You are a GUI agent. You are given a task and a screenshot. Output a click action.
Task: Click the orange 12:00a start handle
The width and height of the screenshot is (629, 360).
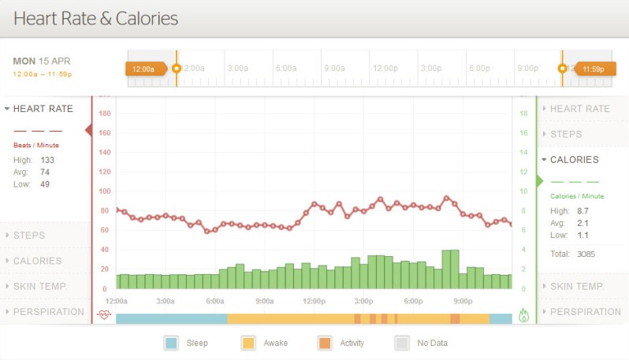145,69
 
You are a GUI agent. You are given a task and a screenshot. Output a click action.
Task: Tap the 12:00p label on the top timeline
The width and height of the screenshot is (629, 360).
385,69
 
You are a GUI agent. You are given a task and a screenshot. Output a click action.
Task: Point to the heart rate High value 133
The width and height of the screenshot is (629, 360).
47,160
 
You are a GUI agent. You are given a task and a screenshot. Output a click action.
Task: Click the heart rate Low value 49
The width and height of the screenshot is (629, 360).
45,184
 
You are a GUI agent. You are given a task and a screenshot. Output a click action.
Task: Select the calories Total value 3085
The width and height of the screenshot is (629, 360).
586,254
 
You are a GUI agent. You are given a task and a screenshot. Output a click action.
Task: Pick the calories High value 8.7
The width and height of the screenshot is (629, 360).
583,211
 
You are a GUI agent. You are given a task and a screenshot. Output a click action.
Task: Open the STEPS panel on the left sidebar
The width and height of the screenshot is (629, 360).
29,235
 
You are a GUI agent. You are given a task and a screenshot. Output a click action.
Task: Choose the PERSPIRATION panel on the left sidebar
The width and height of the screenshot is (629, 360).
49,312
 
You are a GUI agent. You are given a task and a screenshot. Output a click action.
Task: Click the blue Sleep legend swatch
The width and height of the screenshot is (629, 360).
171,343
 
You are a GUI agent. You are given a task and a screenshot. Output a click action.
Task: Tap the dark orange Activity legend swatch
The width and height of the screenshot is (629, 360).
325,343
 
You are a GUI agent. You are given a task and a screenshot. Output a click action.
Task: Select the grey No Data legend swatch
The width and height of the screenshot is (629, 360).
402,343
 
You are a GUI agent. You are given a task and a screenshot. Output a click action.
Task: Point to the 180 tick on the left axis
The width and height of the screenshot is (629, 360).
105,113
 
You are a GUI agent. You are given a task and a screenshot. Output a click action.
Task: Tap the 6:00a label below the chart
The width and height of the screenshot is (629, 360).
215,301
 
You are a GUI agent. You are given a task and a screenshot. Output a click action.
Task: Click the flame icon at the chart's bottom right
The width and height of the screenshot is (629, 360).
524,315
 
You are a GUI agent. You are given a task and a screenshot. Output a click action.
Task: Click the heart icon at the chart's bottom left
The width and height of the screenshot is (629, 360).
104,315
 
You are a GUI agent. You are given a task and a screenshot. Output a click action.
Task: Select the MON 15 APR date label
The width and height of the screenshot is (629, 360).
42,61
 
